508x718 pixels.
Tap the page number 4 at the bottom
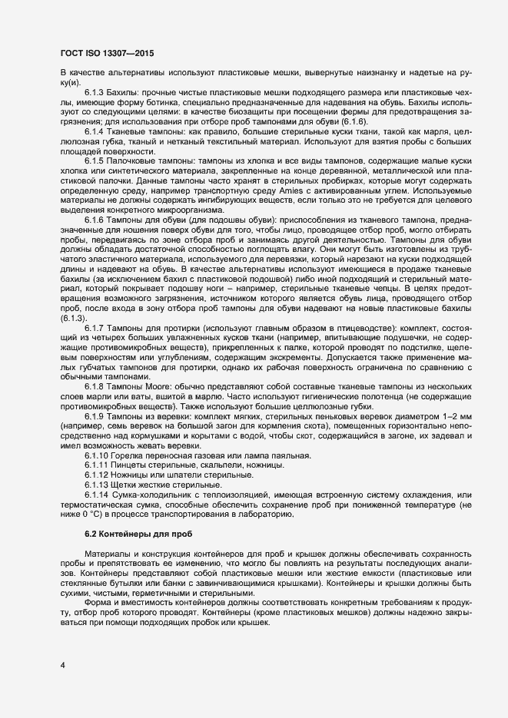click(61, 663)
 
